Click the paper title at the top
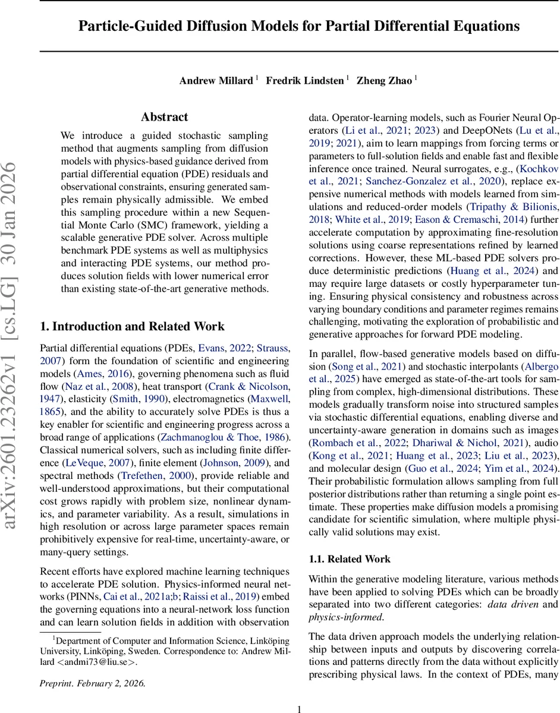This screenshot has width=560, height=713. (x=300, y=27)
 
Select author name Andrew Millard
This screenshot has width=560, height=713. (x=216, y=81)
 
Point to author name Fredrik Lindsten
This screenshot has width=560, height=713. (x=305, y=81)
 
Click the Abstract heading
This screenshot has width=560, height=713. (x=165, y=117)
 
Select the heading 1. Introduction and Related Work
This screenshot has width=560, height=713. (x=132, y=326)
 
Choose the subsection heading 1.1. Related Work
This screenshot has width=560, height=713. (x=350, y=559)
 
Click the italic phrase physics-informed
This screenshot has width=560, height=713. (x=346, y=617)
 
